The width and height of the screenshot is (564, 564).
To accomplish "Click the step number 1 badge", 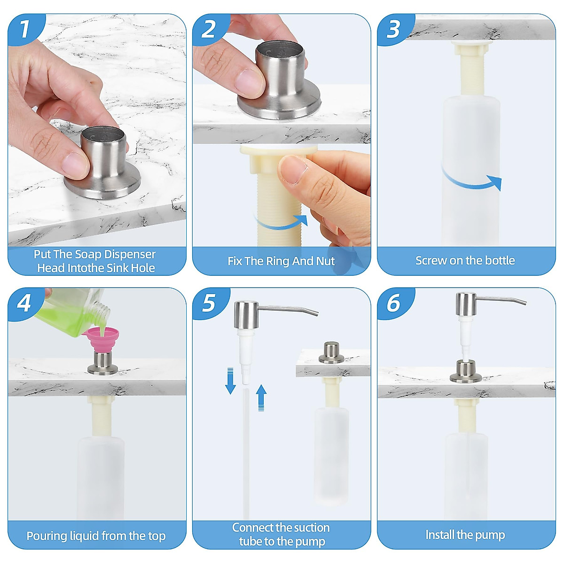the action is (26, 29).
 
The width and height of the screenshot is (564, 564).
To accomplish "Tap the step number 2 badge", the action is (210, 29).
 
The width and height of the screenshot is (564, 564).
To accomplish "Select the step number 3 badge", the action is (395, 29).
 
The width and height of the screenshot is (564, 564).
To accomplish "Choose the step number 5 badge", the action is (210, 303).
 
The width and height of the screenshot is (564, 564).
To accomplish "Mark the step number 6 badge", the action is (395, 303).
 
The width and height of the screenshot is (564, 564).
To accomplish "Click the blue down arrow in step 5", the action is (230, 381).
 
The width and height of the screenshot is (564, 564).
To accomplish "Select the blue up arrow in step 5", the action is (261, 398).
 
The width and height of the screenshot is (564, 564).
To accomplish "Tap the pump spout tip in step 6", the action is (525, 303).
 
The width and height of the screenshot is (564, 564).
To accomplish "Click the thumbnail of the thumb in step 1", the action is (76, 164).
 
